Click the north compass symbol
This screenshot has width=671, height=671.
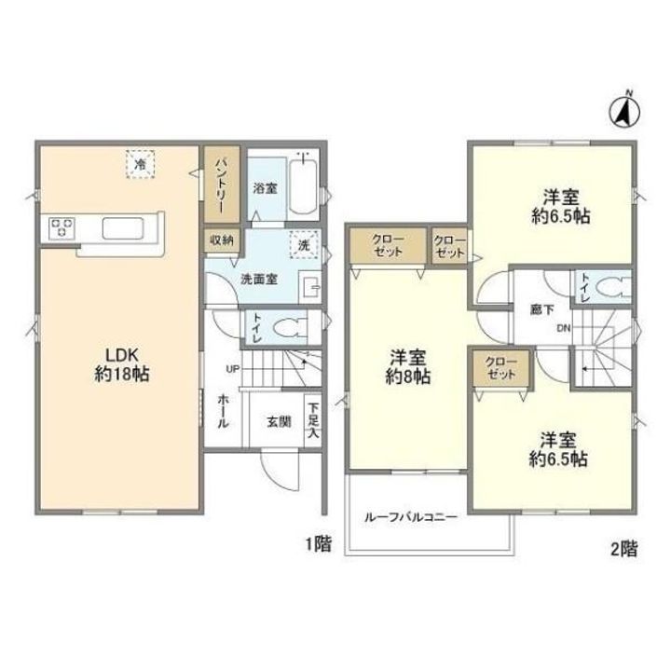coord(624,112)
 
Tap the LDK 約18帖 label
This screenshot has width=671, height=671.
coord(122,364)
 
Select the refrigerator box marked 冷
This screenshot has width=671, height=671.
coord(140,164)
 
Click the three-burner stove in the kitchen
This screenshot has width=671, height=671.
coord(62,227)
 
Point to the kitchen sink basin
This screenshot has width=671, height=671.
coord(123,228)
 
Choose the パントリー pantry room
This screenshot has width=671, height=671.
coord(222,185)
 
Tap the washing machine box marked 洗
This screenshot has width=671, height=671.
coord(304,245)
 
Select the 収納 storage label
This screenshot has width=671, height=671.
coord(221,240)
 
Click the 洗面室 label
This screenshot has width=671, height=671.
coord(259,280)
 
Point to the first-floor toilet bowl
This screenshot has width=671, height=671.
coord(289,329)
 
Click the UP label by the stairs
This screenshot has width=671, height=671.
coord(233,368)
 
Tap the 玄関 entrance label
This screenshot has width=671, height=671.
coord(279,422)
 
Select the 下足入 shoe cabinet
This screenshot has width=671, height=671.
coord(313,420)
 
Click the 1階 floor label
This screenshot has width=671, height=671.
coord(318,544)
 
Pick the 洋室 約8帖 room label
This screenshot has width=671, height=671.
coord(408,366)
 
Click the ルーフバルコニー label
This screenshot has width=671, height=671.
coord(411,517)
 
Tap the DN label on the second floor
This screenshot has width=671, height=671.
coord(564,328)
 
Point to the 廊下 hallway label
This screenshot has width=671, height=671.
coord(542,309)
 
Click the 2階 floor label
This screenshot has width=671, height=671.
coord(623,549)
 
